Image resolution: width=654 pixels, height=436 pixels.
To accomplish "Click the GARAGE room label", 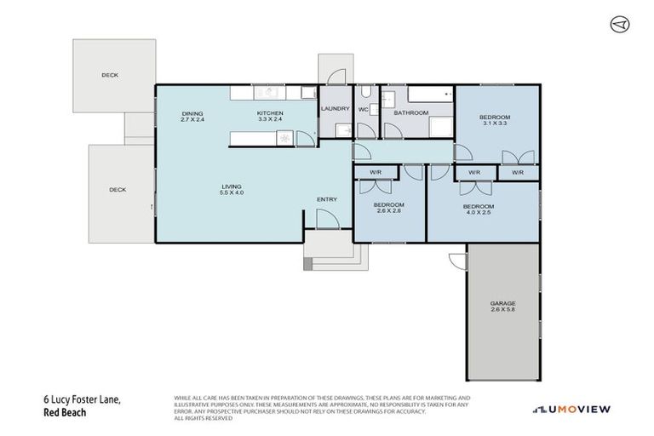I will pos(502,304).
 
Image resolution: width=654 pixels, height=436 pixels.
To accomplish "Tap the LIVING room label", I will pos(232,186).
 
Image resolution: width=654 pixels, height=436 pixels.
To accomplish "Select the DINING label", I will pos(192,113).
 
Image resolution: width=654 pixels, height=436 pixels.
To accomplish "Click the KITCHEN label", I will pos(270,113).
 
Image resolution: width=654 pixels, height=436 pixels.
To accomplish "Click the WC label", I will pos(364,110).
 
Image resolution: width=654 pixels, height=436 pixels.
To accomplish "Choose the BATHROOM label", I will pos(410,112).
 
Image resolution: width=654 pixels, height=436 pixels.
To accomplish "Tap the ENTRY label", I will pos(327,199).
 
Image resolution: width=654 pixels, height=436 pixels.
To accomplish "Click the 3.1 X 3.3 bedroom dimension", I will pos(495,123).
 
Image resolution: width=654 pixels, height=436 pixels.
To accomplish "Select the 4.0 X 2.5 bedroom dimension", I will pos(479,212).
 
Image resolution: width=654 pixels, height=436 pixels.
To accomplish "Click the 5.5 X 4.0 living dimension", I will pos(232,193).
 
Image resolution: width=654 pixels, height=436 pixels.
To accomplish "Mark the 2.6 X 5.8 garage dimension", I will pos(502,311).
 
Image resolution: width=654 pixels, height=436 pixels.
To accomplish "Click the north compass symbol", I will pos(619,26).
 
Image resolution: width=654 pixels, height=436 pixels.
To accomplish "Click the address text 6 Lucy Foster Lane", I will pos(75,399).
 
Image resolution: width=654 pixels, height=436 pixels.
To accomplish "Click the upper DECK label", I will pos(110,75).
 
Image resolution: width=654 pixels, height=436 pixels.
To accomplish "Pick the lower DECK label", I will pos(118,190).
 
